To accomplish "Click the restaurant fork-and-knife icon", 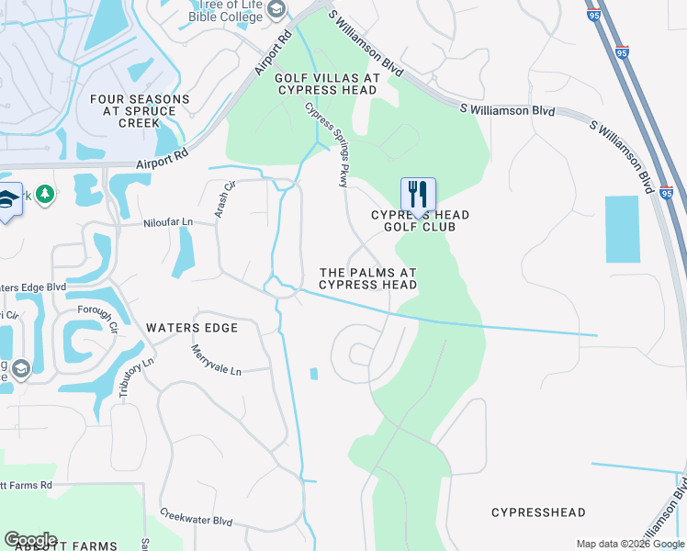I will tap(418, 194).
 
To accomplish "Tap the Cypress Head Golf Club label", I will tap(420, 220).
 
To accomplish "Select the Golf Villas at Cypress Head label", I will tap(326, 84).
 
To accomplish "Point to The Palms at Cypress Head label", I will tap(368, 278).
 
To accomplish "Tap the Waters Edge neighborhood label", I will tap(191, 328).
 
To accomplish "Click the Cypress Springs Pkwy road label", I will tap(326, 144).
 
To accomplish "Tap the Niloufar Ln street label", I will tap(168, 222).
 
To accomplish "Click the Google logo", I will tap(30, 539).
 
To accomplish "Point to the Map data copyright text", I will tap(630, 544).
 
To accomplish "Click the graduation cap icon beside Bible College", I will tap(276, 10).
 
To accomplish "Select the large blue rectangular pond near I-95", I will tap(622, 230).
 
